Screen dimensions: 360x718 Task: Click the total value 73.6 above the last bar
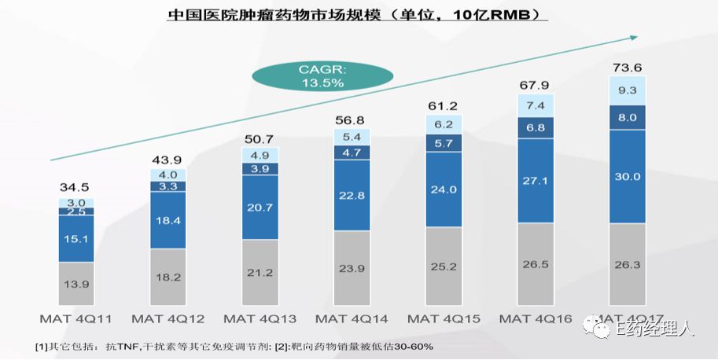(x=627, y=68)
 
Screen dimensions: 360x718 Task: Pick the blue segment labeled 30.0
(x=627, y=176)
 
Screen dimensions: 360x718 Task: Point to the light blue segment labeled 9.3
(x=627, y=90)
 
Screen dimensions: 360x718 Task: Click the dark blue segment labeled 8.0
(x=627, y=117)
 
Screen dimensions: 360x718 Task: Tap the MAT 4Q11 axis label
(x=75, y=319)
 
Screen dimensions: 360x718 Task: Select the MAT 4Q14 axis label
(x=352, y=319)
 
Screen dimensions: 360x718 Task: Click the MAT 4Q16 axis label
(x=536, y=319)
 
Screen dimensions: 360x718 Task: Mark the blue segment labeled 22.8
(x=352, y=195)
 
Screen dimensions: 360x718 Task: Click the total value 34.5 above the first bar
(x=75, y=188)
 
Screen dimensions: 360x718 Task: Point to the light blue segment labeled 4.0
(x=168, y=174)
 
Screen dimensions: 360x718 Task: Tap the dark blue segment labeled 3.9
(x=260, y=169)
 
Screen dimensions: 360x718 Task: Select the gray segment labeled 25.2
(x=444, y=266)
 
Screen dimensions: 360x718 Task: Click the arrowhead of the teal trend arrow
(x=635, y=37)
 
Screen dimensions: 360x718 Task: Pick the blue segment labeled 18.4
(x=168, y=220)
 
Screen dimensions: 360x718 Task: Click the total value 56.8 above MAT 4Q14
(x=352, y=120)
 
